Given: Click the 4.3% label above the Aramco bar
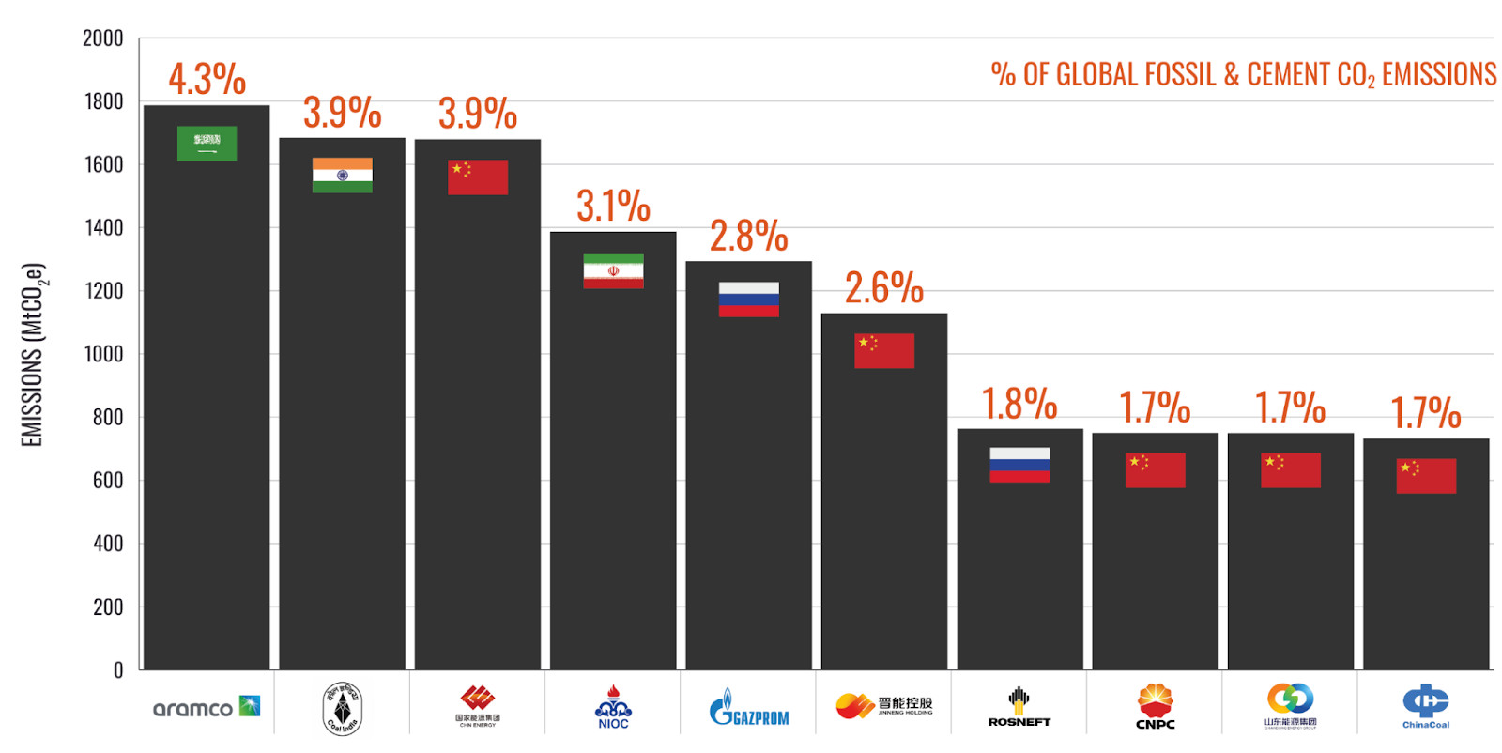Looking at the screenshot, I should tap(207, 79).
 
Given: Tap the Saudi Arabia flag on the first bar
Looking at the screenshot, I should tap(207, 144).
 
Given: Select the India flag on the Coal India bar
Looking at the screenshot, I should tap(342, 176).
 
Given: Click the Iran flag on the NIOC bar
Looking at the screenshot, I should tap(613, 270).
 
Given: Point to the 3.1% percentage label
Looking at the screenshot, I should tap(613, 207).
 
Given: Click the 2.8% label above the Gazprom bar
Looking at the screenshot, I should tap(748, 236).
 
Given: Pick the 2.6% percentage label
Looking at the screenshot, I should tap(883, 287).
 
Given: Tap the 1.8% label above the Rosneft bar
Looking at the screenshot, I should tap(1019, 404).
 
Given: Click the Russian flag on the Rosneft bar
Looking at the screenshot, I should tap(1019, 465).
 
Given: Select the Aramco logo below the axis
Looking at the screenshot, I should tap(207, 707).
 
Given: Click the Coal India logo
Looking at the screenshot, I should tap(342, 709).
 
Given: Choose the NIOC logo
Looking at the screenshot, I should tap(613, 707).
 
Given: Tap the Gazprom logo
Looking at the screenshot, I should tap(748, 709).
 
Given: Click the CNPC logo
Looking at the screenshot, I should tap(1155, 707).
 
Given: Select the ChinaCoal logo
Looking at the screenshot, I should tap(1426, 706).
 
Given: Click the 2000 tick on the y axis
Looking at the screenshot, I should tap(102, 38).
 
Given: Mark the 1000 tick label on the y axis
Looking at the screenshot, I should tap(102, 354).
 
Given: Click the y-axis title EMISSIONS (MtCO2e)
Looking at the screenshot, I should tap(34, 355).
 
